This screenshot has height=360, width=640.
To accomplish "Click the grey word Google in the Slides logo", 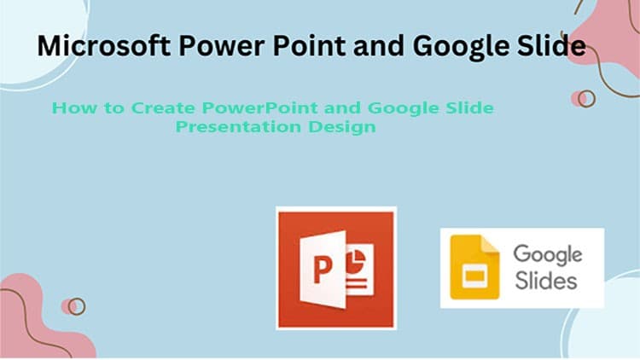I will pos(547,253).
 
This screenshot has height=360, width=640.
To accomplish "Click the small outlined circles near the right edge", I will pos(583,98).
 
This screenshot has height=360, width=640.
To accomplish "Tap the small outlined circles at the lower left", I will pos(74,305).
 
